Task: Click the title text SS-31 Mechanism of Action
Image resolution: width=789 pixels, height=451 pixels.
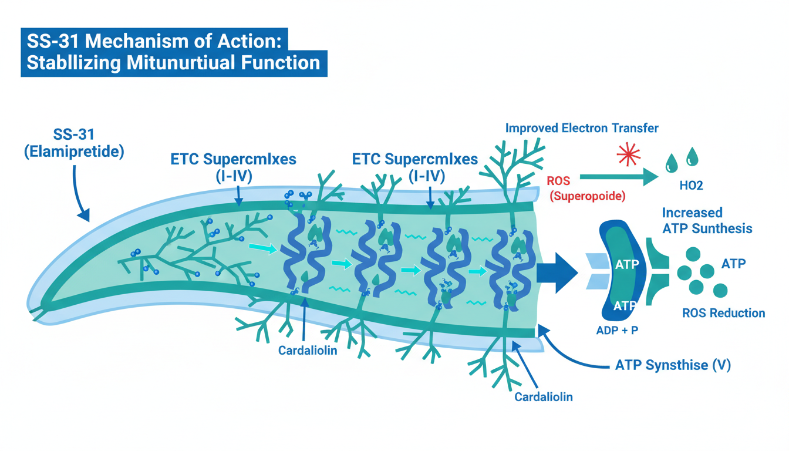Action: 155,42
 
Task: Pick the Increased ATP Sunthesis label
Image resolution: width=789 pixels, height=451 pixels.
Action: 707,220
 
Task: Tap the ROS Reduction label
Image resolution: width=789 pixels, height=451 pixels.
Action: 724,313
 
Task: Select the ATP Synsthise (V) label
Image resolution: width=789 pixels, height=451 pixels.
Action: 673,365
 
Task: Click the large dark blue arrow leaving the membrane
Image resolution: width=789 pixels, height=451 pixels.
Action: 558,272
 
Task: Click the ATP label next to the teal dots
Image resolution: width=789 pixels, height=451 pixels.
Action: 733,263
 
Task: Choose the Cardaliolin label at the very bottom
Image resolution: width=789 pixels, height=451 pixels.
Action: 543,396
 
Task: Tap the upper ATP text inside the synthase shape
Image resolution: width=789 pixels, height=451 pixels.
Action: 626,265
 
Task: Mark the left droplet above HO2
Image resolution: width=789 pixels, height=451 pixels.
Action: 671,161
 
